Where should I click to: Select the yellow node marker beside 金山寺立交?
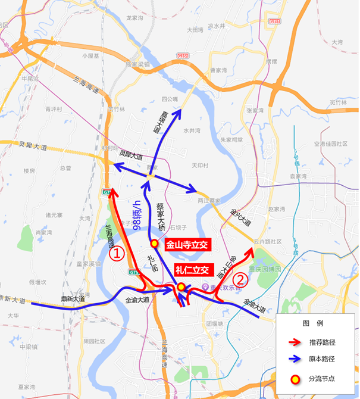(154, 243)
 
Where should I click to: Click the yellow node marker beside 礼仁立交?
(181, 287)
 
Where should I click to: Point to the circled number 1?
(117, 254)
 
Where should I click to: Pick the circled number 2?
(239, 279)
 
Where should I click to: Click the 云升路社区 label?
(266, 242)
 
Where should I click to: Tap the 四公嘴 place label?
(170, 99)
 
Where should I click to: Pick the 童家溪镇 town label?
(85, 263)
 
